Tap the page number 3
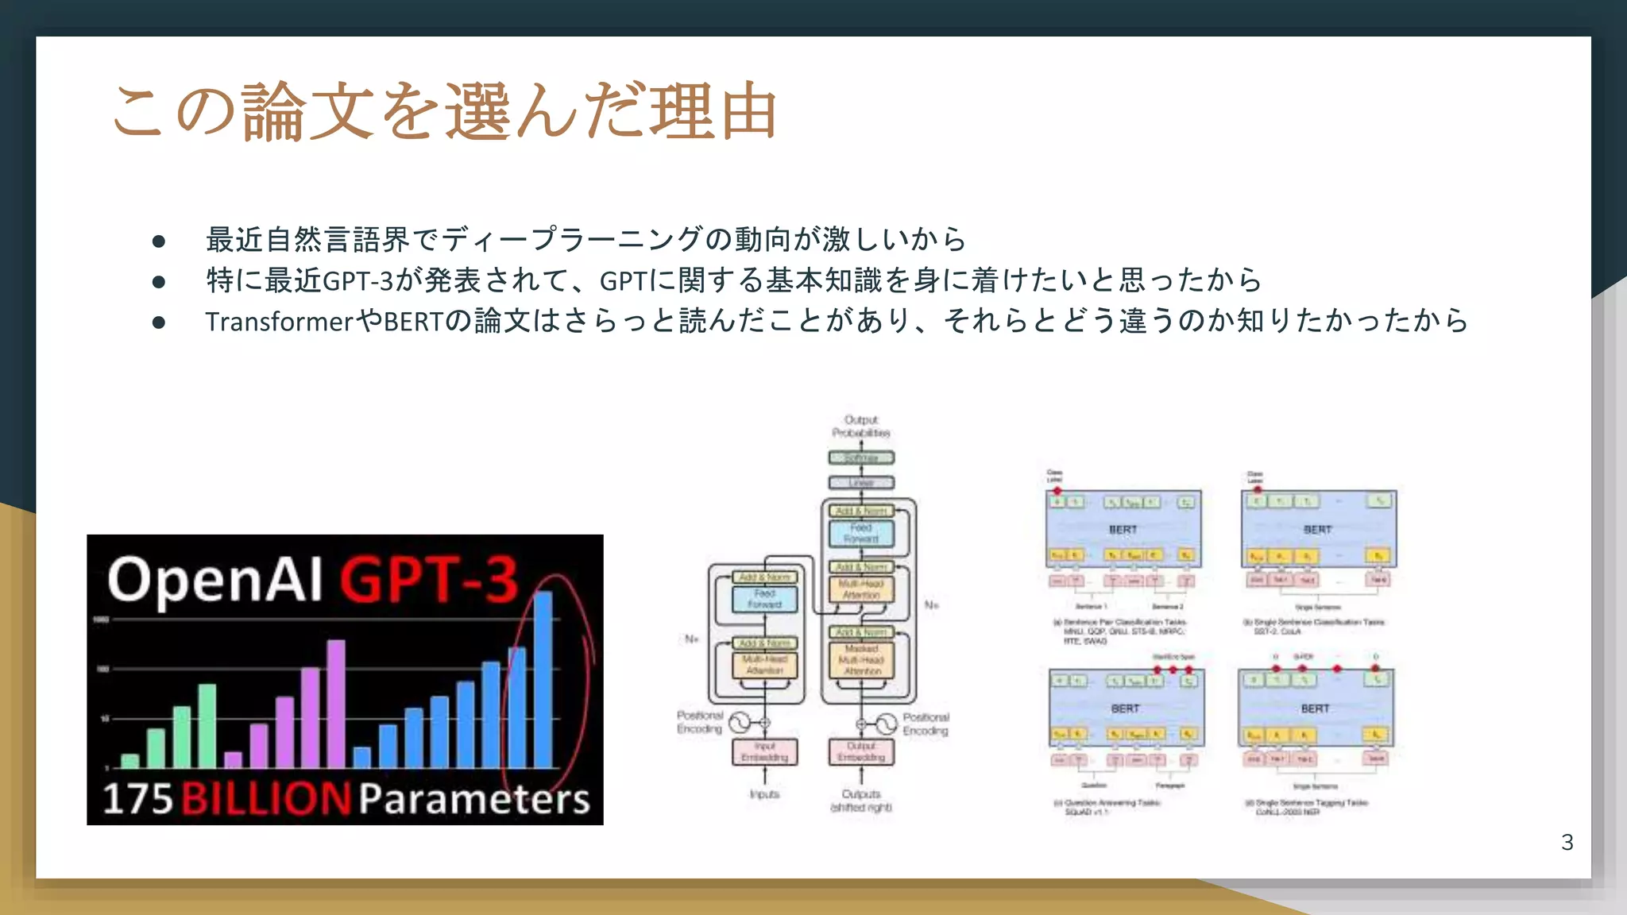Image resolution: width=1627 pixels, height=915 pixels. [x=1567, y=842]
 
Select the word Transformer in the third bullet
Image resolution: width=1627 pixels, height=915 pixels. [x=279, y=322]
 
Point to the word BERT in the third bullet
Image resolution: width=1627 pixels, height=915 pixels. [x=413, y=322]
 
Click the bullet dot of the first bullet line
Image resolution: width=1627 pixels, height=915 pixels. [x=159, y=241]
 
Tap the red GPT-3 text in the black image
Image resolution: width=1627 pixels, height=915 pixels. [x=429, y=580]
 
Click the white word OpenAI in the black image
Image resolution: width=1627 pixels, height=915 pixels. [x=214, y=580]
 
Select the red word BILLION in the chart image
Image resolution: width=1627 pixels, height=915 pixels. [x=266, y=798]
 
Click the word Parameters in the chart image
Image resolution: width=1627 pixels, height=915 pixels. [x=474, y=798]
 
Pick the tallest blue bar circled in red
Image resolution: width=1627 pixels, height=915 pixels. [x=543, y=679]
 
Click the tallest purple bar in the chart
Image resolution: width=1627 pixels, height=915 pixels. [x=336, y=703]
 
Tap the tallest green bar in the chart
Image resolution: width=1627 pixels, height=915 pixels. [x=207, y=724]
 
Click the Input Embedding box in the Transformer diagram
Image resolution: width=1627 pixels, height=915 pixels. [x=764, y=752]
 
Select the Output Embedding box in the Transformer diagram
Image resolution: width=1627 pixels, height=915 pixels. [x=861, y=752]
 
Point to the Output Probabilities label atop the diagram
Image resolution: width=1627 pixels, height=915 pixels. [x=861, y=427]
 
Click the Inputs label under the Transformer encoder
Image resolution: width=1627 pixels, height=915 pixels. [x=764, y=794]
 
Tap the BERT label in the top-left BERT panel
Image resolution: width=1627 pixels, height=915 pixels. [x=1123, y=530]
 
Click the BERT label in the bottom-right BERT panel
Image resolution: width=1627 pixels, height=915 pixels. [x=1315, y=708]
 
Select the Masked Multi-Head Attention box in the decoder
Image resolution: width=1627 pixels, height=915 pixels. [x=861, y=660]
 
